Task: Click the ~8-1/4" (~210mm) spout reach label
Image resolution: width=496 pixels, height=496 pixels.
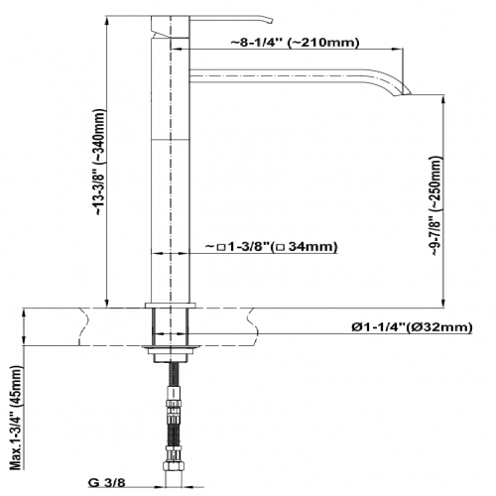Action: click(295, 43)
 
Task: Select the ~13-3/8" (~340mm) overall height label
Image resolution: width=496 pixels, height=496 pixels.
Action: click(99, 162)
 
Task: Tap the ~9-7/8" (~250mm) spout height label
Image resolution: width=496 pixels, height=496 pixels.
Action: click(435, 205)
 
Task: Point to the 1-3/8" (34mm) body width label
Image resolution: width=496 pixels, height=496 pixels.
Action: click(272, 247)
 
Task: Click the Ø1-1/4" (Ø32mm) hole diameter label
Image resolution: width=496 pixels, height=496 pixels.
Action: click(412, 327)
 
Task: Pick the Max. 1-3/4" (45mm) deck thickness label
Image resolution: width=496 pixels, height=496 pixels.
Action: click(17, 418)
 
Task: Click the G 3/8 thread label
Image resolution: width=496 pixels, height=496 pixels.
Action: click(107, 483)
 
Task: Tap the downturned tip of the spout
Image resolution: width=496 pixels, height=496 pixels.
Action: click(402, 92)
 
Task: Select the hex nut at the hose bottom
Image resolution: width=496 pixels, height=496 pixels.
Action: click(172, 465)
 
